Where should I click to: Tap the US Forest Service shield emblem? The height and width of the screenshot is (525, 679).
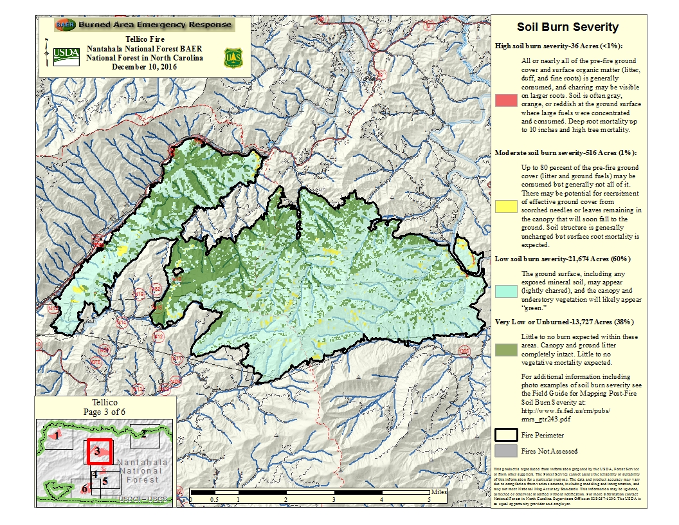[232, 58]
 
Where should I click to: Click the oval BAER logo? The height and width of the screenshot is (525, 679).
[64, 25]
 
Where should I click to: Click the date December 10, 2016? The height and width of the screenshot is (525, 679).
[145, 66]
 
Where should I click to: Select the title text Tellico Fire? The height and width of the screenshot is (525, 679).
[145, 39]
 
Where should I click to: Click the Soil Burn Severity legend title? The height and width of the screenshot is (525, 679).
[568, 27]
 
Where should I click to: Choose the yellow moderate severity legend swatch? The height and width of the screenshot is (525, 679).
[506, 205]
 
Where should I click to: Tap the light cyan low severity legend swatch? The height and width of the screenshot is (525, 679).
[506, 290]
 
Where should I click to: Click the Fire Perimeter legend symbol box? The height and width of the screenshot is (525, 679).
[506, 435]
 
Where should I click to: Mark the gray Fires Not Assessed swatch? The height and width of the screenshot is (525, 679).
[506, 451]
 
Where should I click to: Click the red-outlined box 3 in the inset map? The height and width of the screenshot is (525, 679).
[98, 451]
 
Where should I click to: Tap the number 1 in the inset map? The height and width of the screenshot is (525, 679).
[57, 436]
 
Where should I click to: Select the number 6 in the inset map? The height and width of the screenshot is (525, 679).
[84, 488]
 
